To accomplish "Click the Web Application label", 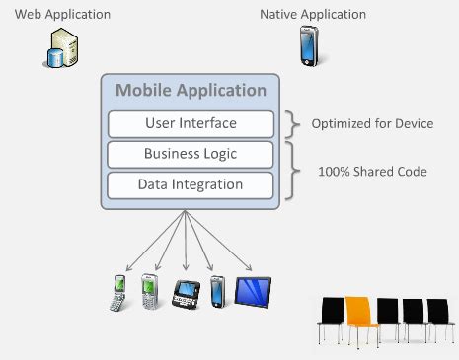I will pyautogui.click(x=56, y=14).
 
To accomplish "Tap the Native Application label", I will pyautogui.click(x=313, y=14).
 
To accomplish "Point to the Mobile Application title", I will pyautogui.click(x=191, y=91).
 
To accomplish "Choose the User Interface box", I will pyautogui.click(x=191, y=124).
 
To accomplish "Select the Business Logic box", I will pyautogui.click(x=191, y=154).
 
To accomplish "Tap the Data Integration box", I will pyautogui.click(x=191, y=184).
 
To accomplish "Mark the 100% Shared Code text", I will pyautogui.click(x=371, y=171).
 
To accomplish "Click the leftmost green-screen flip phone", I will pyautogui.click(x=118, y=292).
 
